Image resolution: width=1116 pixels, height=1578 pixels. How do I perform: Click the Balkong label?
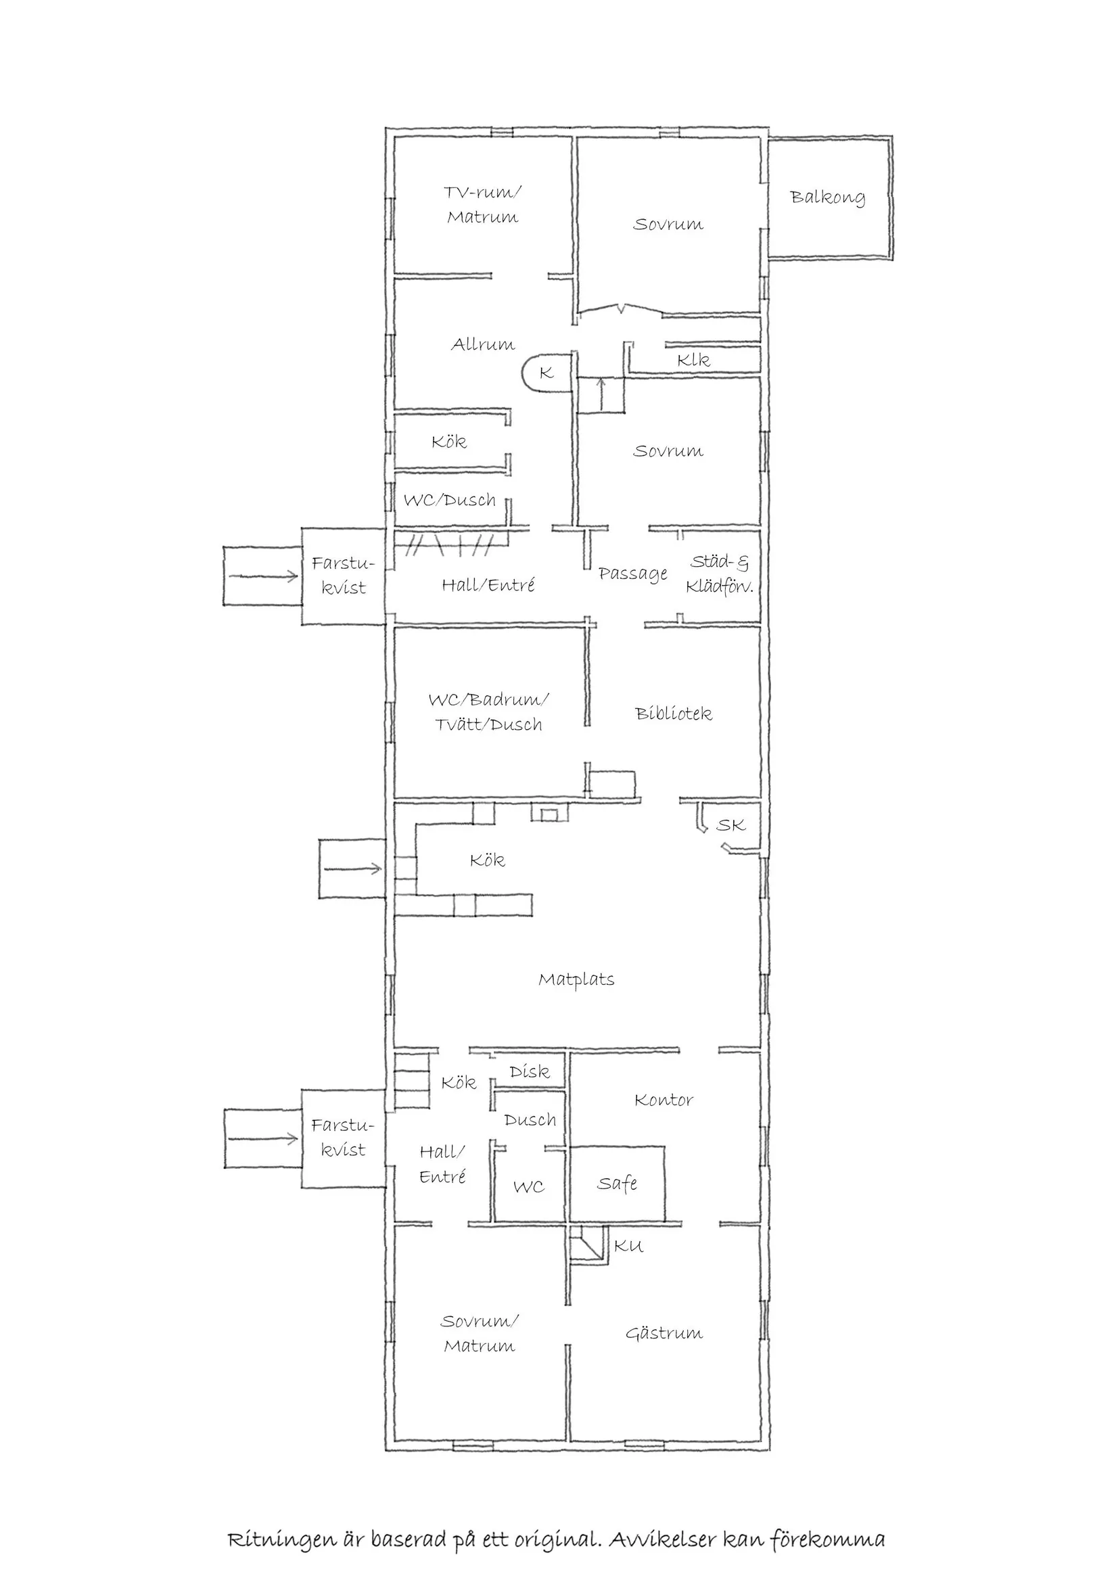tap(827, 198)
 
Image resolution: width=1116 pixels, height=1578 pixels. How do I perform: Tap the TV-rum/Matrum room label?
tap(482, 205)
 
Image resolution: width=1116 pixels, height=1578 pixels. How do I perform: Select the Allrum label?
tap(482, 344)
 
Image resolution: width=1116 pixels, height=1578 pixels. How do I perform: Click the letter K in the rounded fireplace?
tap(547, 373)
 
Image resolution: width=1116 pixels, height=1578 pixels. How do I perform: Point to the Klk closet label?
tap(693, 359)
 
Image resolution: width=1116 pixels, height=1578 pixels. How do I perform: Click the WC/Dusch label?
tap(449, 500)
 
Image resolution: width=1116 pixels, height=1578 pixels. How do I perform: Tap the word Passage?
tap(632, 574)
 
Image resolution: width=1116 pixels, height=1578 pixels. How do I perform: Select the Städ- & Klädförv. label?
tap(720, 574)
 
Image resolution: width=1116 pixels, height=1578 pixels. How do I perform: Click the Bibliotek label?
tap(674, 714)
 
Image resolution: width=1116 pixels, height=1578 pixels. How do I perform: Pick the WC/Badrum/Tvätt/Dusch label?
tap(488, 712)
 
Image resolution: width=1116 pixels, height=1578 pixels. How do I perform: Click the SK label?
tap(730, 825)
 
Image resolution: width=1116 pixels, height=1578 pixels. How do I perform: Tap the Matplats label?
tap(576, 979)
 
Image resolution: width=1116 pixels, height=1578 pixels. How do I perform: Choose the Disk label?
tap(529, 1071)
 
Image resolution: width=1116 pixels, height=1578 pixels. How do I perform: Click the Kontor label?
tap(664, 1100)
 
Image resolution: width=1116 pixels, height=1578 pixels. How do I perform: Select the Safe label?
tap(617, 1183)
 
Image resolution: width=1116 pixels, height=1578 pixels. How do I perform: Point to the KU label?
tap(628, 1246)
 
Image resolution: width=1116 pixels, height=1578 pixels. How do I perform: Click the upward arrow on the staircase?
tap(601, 394)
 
